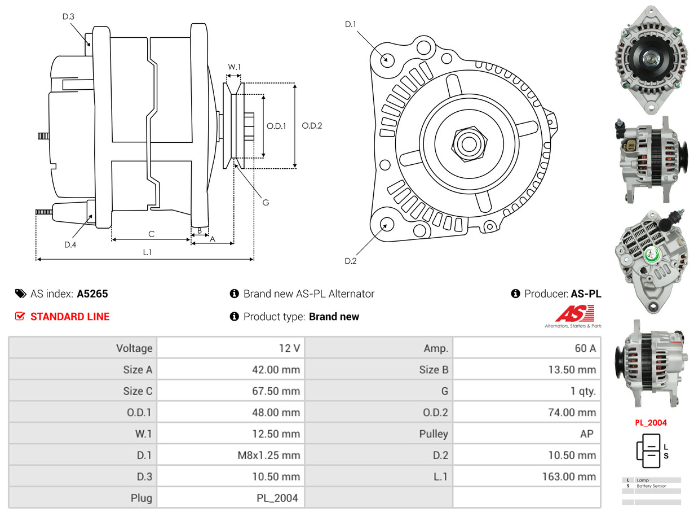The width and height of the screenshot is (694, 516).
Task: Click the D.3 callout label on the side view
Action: (x=68, y=17)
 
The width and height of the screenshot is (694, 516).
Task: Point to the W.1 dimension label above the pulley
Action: (x=234, y=67)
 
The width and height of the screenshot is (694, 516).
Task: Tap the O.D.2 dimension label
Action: (x=312, y=126)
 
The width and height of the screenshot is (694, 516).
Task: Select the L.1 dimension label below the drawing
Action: (x=147, y=252)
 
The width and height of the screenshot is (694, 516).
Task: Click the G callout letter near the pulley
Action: (x=266, y=202)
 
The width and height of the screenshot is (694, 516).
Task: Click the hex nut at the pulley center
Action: (x=468, y=143)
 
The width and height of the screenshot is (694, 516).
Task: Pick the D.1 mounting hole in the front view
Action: (x=387, y=59)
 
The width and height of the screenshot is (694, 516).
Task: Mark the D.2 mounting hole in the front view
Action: (x=386, y=224)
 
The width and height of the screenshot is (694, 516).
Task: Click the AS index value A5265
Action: (x=92, y=294)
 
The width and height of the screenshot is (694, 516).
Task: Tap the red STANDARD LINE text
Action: (x=70, y=317)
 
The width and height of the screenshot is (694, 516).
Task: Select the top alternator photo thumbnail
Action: (x=652, y=56)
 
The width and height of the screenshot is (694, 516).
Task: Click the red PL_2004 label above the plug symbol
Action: (x=651, y=423)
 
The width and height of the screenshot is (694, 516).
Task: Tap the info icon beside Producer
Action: (x=515, y=294)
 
